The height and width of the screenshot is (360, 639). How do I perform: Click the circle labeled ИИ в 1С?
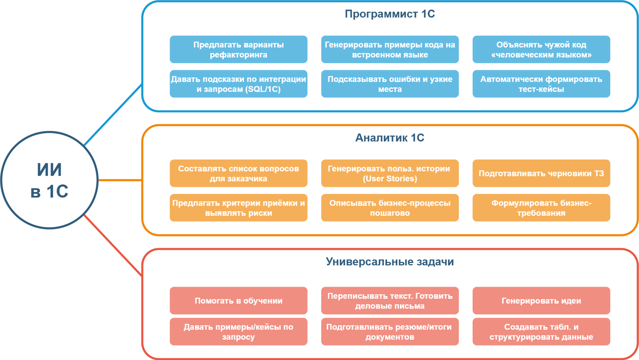49,180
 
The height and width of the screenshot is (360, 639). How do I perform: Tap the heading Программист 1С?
390,14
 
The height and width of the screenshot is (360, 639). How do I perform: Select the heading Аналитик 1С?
390,138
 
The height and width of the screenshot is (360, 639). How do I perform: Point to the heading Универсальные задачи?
390,262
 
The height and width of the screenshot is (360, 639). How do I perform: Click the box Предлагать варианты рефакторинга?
239,50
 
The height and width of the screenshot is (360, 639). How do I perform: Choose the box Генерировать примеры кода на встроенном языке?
390,50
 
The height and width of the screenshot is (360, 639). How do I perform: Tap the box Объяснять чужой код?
541,50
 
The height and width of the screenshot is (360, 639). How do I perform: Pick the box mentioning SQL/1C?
239,84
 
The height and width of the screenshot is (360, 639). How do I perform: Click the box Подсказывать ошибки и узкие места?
390,84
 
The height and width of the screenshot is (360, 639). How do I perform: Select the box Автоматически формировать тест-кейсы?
541,84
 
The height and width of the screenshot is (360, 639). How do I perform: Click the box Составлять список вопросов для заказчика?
239,174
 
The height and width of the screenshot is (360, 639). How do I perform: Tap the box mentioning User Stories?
390,174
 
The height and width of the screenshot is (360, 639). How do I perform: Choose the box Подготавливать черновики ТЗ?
541,174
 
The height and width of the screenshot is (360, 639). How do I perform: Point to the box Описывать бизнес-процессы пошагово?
390,208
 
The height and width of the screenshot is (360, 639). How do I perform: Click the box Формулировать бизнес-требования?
541,208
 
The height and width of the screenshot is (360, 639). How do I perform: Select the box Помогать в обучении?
239,301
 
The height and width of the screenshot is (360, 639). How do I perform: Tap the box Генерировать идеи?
541,301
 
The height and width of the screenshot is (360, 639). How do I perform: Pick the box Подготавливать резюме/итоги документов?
390,332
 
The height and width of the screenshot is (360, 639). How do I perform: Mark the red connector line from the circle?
113,247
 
